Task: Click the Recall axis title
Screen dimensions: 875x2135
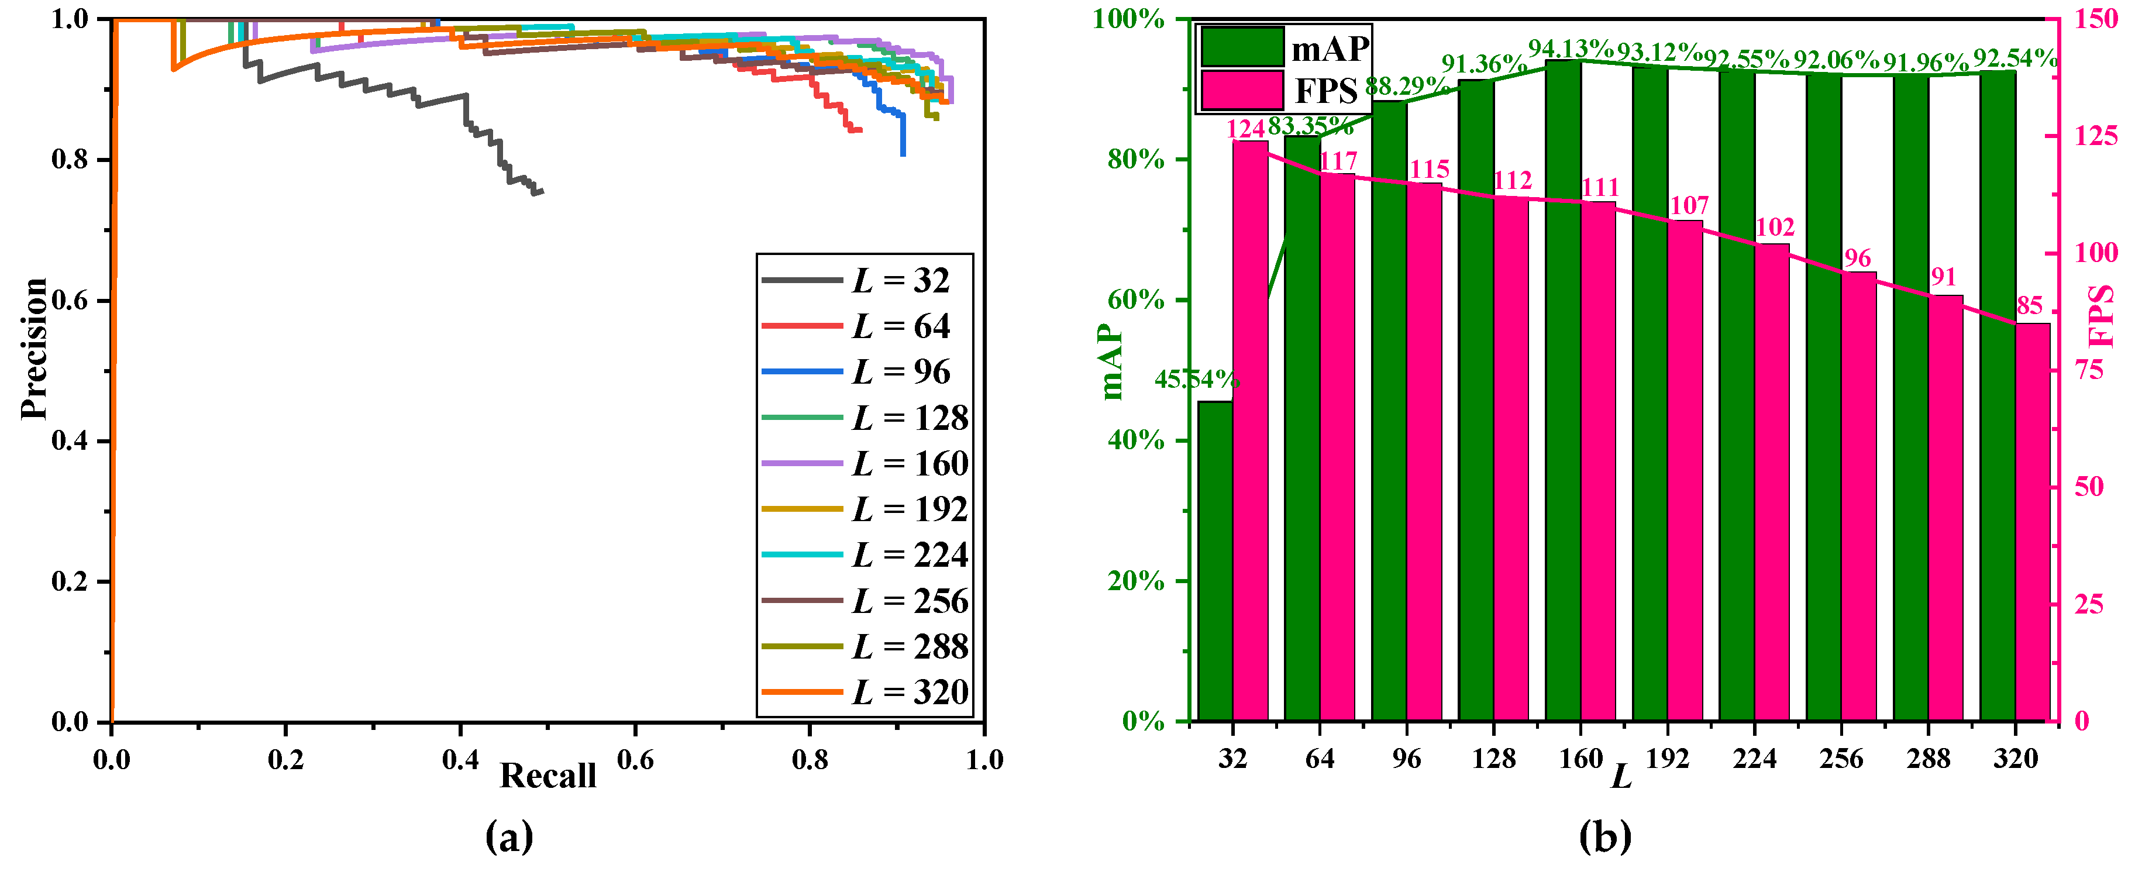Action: click(x=548, y=776)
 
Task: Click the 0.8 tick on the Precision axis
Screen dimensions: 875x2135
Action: click(x=70, y=159)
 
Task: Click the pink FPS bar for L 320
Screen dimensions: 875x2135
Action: click(x=2032, y=522)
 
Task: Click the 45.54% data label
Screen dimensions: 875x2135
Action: click(x=1196, y=380)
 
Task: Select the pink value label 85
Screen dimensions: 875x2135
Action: click(x=2029, y=306)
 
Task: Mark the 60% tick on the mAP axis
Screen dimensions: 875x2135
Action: click(x=1135, y=300)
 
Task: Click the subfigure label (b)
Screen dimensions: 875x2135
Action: click(x=1604, y=837)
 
